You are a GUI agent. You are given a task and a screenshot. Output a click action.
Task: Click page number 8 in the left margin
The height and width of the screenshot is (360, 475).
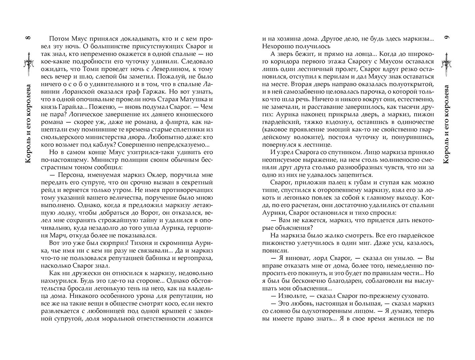[28, 37]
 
